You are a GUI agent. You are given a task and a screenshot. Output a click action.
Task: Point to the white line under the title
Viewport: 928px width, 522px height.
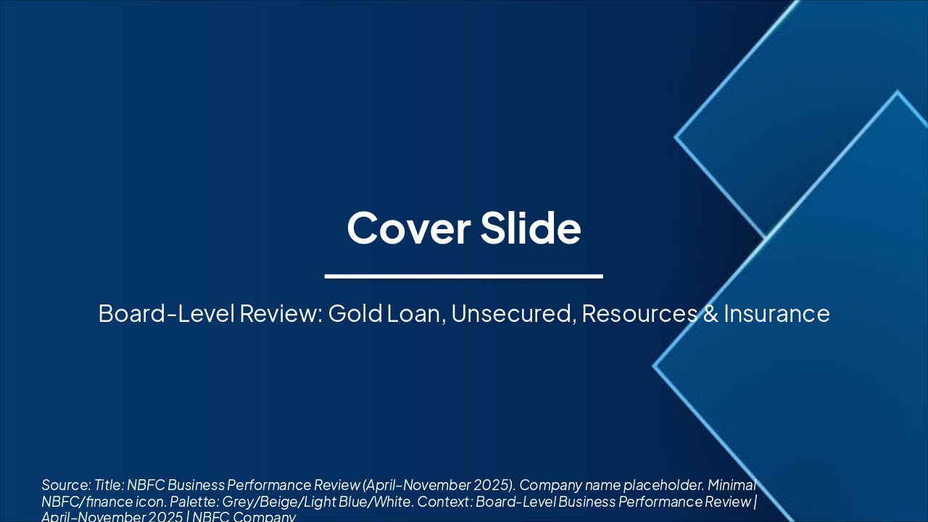coord(464,276)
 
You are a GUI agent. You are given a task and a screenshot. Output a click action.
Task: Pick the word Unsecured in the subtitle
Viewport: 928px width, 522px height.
coord(513,314)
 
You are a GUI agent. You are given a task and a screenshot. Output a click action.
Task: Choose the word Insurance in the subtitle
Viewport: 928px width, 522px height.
coord(776,314)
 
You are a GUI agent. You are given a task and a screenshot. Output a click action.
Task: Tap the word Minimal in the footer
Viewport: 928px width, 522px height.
coord(732,485)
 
